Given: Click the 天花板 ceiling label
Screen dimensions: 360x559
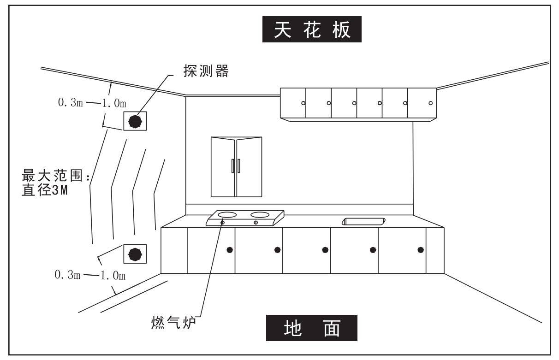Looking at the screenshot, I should click(312, 30).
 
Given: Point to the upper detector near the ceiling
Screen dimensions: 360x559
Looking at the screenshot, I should click(135, 121).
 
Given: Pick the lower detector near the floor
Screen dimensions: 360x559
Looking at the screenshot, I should click(135, 254).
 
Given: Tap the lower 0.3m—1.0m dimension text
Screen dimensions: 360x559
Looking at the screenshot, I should click(90, 276).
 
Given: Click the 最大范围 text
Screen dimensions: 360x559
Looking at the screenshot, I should click(51, 176).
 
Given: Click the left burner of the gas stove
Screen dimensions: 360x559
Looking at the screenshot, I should click(227, 214).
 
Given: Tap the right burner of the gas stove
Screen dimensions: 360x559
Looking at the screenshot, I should click(261, 214).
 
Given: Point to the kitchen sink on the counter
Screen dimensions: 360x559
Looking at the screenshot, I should click(363, 221).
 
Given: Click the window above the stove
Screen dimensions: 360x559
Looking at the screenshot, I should click(236, 166).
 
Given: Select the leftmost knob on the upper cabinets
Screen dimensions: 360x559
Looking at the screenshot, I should click(303, 103).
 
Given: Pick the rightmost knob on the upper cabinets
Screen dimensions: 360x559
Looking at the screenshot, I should click(430, 103).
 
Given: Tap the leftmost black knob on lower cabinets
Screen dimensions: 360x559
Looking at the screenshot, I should click(230, 250).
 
